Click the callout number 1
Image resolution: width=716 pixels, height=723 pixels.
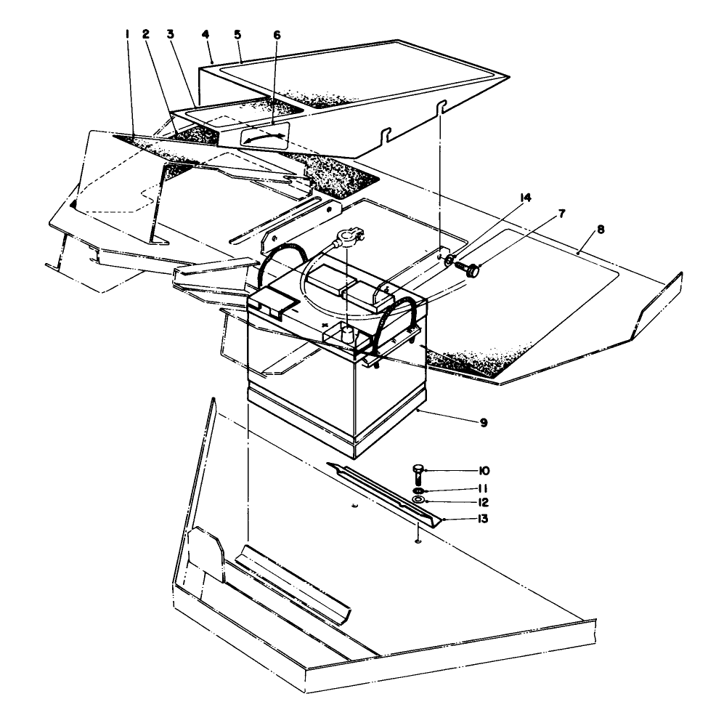pyautogui.click(x=126, y=34)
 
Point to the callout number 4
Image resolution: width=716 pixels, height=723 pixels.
pyautogui.click(x=206, y=34)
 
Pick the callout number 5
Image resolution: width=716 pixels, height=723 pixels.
pyautogui.click(x=237, y=34)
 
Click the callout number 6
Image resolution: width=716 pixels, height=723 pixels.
pyautogui.click(x=276, y=35)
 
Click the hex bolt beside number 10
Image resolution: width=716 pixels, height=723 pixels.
pyautogui.click(x=419, y=474)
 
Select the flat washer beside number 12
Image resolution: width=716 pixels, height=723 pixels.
pyautogui.click(x=419, y=501)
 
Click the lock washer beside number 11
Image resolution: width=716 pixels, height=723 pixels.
pyautogui.click(x=419, y=491)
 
